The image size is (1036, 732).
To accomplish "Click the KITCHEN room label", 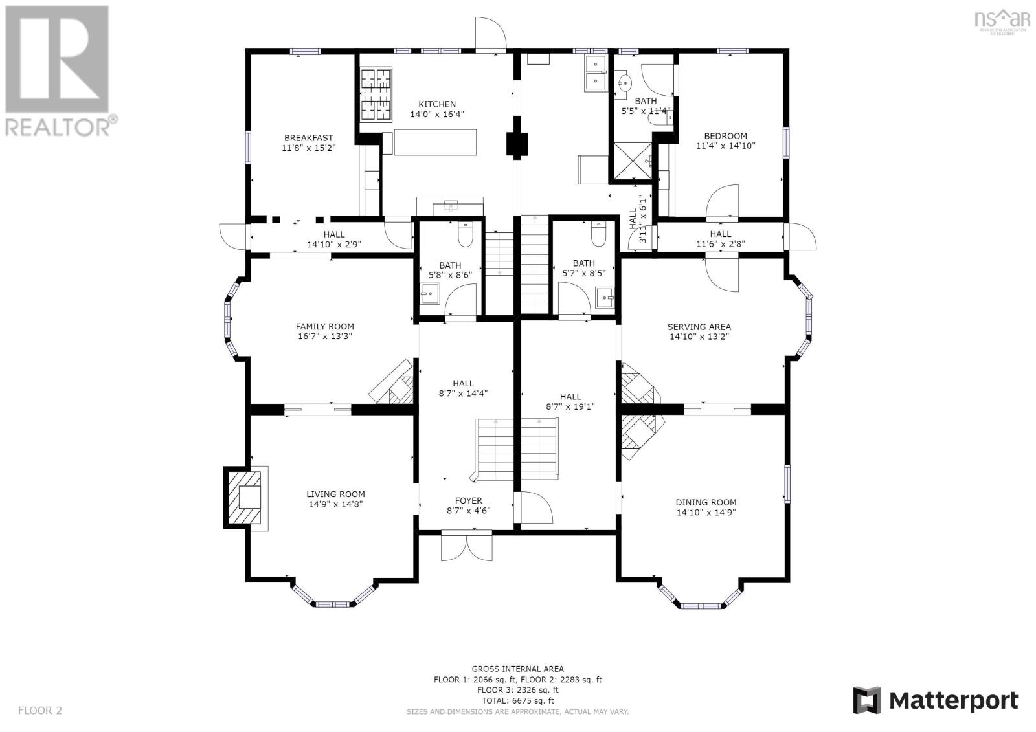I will point(436,104).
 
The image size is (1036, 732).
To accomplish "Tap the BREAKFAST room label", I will point(308,138).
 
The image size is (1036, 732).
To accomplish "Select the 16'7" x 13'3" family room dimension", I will point(324,337).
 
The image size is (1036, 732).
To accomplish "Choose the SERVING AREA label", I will point(699,327).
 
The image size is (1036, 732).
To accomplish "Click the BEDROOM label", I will point(725,136).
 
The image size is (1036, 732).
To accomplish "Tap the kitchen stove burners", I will point(376,94).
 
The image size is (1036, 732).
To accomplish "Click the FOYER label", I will point(468,500).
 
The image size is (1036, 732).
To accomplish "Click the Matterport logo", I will point(935,700).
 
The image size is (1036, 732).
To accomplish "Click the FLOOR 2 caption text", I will point(40,711).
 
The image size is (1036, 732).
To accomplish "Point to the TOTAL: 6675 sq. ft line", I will point(517,700).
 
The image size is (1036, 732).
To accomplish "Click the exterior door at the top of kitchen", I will point(490,34).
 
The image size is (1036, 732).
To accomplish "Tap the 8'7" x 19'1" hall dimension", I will point(570,407).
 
